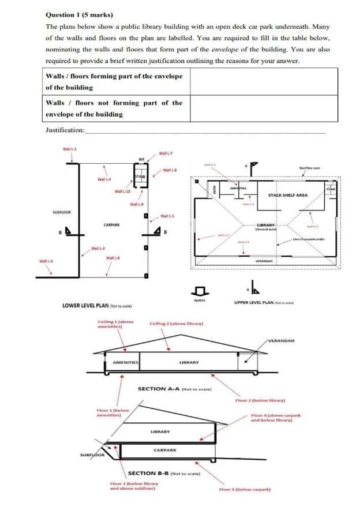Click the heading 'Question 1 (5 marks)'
coord(79,14)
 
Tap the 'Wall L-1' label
coord(70,149)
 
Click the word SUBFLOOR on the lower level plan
coord(62,212)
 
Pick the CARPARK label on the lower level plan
coord(112,225)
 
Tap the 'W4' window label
coord(141,159)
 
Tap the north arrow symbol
coord(201,290)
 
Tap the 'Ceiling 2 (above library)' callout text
coord(176,324)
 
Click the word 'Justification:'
coord(65,130)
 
